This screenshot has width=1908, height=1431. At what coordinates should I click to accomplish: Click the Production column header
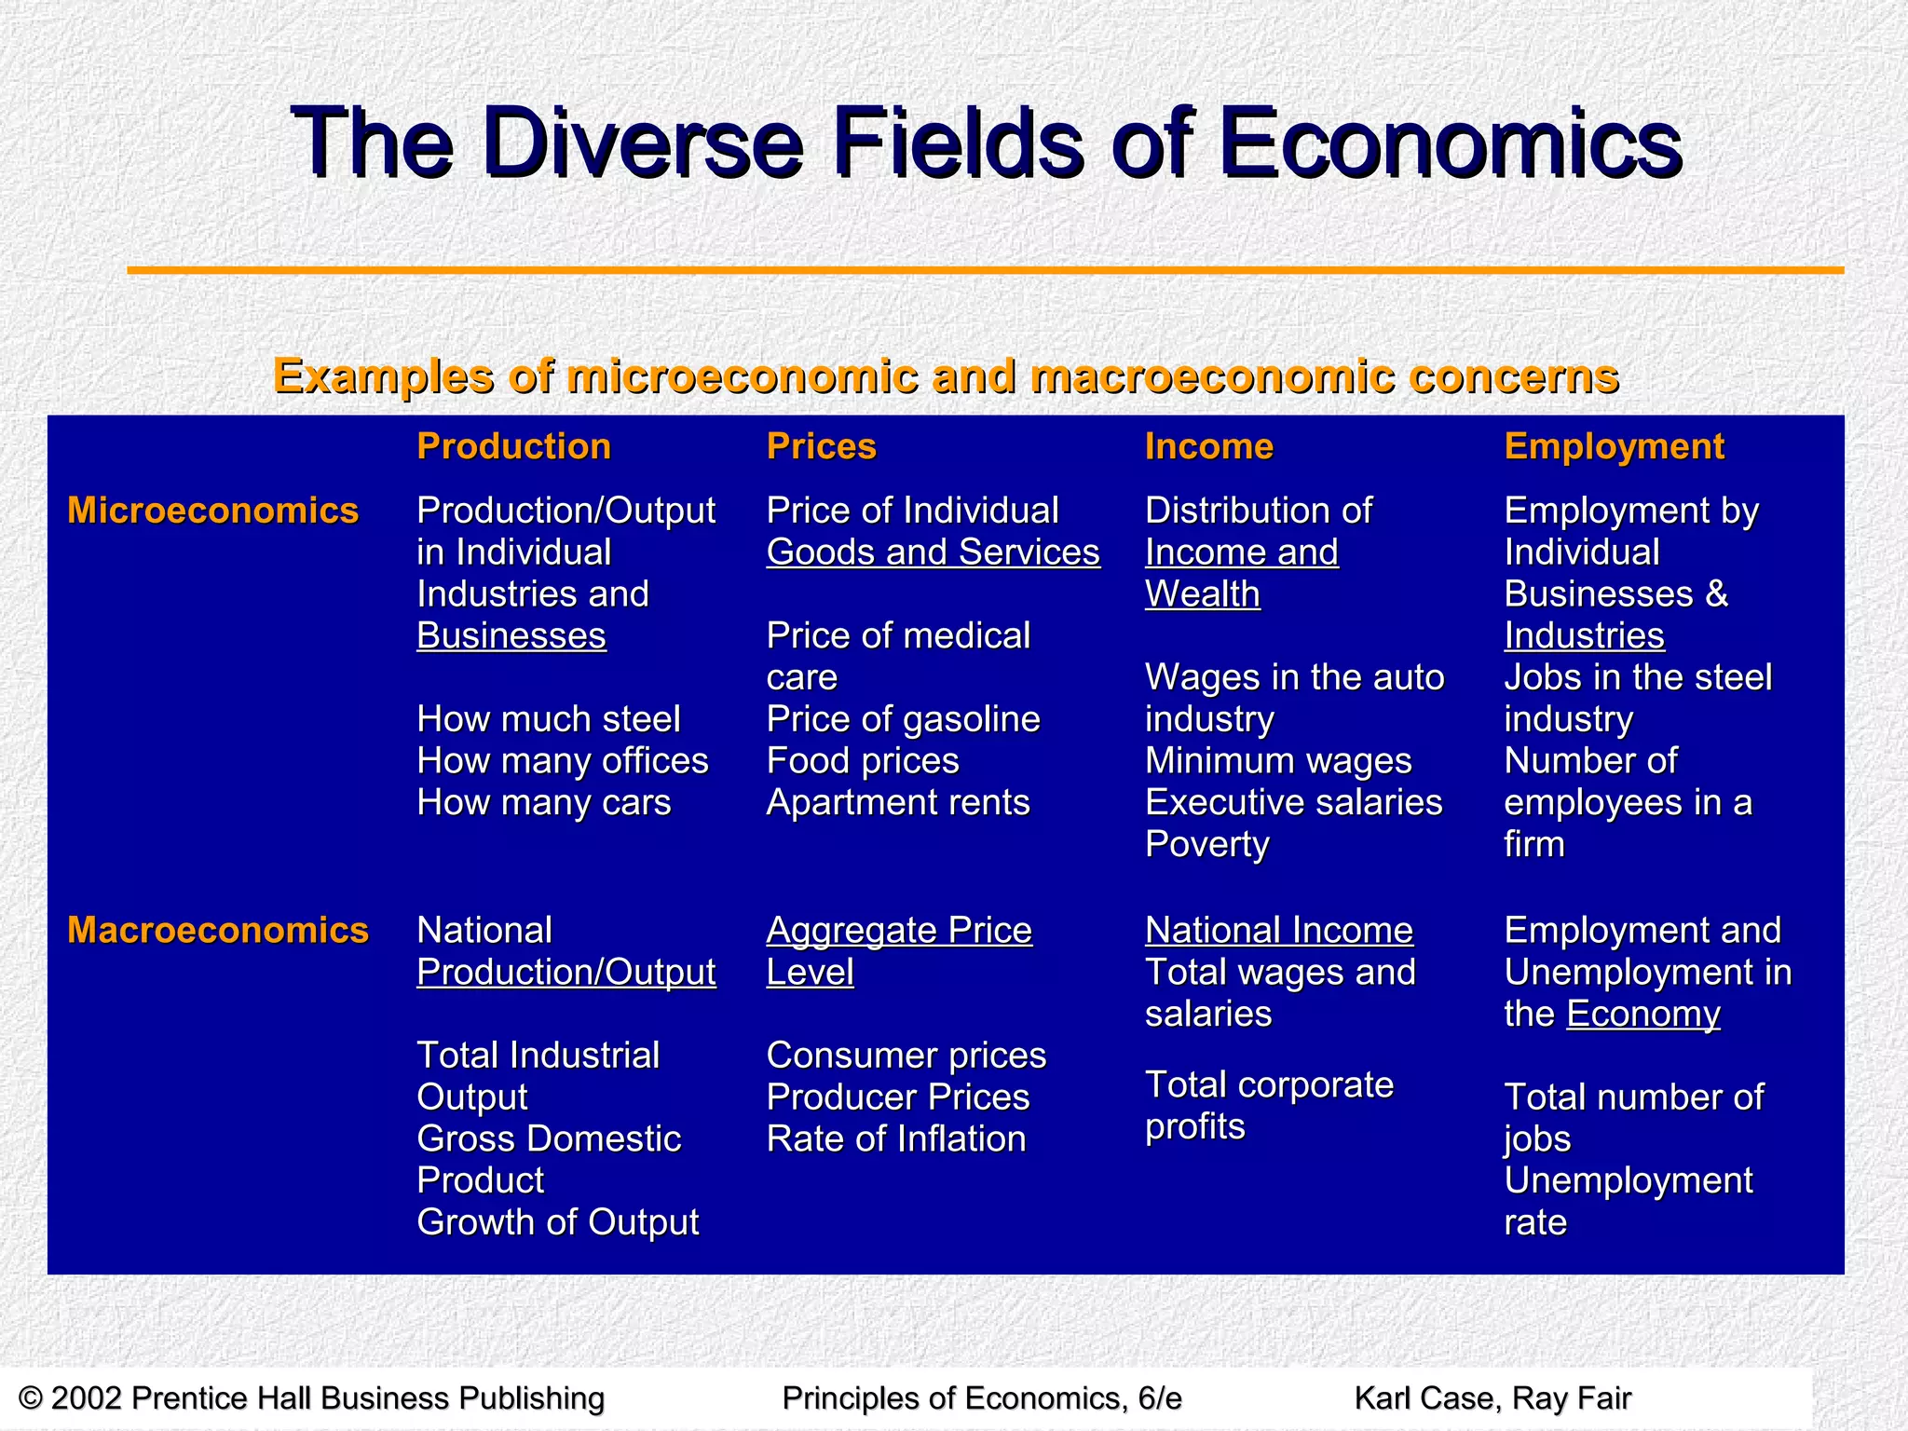pos(513,446)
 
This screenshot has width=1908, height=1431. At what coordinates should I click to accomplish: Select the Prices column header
pos(821,446)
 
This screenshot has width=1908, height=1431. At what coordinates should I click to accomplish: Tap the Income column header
pos(1208,446)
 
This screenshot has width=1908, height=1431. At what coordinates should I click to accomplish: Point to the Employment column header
pos(1614,446)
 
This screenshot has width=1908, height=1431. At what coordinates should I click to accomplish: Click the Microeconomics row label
pos(212,511)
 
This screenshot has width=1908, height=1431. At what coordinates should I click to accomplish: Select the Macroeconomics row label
pos(218,930)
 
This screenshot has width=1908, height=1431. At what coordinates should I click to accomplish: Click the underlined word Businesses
pos(511,636)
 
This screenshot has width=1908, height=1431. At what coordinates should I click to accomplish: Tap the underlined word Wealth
pos(1202,594)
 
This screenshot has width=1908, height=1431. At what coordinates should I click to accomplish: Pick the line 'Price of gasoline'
pos(903,719)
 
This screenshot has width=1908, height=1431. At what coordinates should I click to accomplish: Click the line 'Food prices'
pos(863,761)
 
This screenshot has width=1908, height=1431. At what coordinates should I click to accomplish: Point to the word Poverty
pos(1206,844)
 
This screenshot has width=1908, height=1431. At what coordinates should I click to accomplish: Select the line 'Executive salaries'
pos(1293,802)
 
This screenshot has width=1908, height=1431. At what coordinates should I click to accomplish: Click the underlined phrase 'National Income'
pos(1278,930)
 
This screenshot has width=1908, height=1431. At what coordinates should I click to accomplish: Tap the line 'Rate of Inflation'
pos(896,1138)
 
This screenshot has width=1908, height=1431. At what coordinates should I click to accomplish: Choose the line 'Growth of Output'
pos(557,1222)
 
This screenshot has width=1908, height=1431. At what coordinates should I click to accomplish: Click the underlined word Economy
pos(1642,1014)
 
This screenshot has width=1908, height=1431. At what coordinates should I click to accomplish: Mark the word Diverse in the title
pos(642,144)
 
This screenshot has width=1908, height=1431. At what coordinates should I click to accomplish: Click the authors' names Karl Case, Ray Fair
pos(1492,1398)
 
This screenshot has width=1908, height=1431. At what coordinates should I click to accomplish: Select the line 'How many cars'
pos(543,802)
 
